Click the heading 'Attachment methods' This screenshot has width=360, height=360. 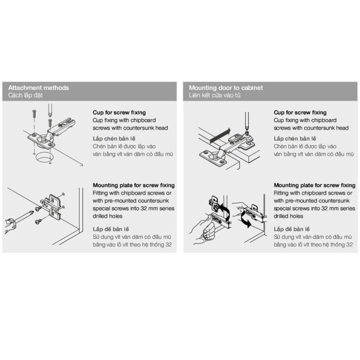point(39,88)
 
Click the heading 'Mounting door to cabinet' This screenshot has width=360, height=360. point(226,88)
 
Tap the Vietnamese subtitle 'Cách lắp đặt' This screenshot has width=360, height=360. point(26,95)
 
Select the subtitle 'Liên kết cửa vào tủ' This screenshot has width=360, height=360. point(215,95)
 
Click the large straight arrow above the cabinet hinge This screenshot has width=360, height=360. point(220,136)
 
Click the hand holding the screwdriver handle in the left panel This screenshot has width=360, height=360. point(9,225)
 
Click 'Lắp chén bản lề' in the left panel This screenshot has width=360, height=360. point(114,139)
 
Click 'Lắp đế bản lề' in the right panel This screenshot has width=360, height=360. point(292,229)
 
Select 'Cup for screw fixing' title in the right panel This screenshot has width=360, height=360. point(300,112)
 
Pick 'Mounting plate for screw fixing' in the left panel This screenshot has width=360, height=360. point(134,185)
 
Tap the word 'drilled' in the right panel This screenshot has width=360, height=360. point(281,216)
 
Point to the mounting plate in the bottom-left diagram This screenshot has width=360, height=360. point(52,206)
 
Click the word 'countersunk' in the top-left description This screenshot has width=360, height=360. point(137,128)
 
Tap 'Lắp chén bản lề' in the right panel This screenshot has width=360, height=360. point(295,139)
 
